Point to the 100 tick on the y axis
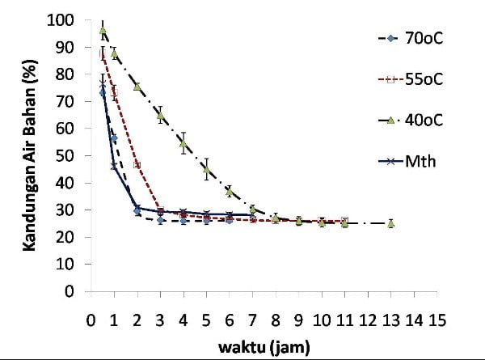[x=68, y=20]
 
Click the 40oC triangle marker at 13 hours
[x=390, y=223]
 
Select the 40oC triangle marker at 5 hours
[x=206, y=170]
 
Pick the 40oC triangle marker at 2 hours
[x=137, y=87]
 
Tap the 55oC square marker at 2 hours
[x=137, y=164]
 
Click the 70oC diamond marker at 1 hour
[x=114, y=138]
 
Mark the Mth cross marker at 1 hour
[x=114, y=167]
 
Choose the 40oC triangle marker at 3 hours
[x=160, y=115]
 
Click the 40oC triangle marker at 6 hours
[x=230, y=192]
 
